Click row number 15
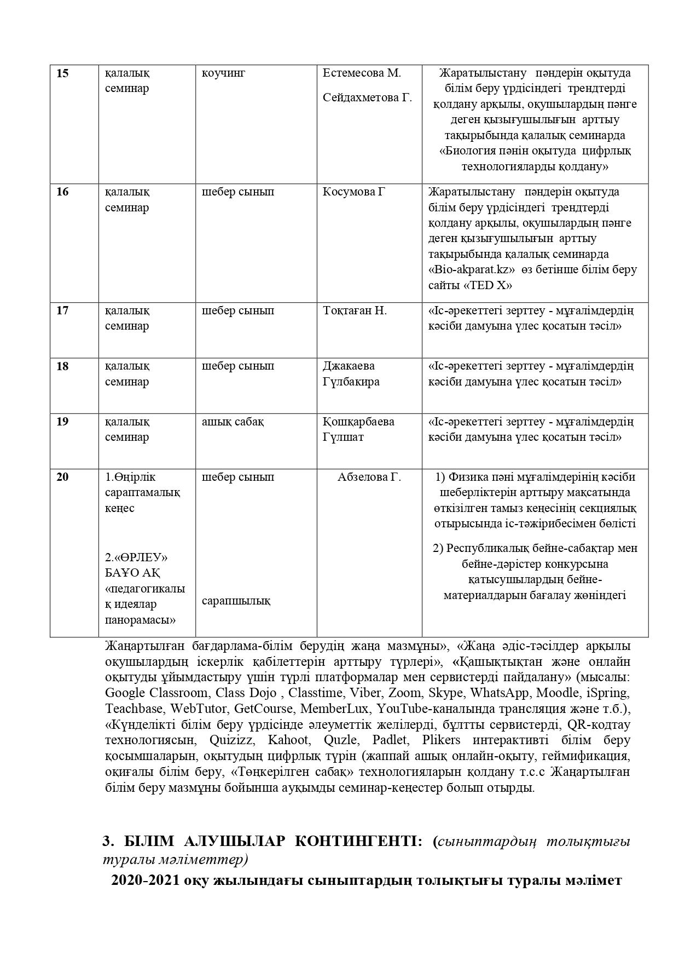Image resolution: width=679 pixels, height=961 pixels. coord(62,73)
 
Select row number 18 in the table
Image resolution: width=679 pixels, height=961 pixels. coord(62,366)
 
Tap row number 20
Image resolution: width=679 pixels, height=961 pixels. coord(62,477)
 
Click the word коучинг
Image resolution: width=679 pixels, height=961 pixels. coord(223,73)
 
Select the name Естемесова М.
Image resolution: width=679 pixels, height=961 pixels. coord(362,73)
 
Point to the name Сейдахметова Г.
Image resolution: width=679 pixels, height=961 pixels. coord(367,98)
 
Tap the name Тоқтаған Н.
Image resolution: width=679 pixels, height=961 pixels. coord(355,311)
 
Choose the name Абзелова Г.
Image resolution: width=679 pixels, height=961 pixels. coord(369,477)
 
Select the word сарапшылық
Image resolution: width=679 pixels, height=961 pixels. coord(236,601)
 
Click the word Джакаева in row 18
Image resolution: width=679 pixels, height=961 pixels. coord(349,366)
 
